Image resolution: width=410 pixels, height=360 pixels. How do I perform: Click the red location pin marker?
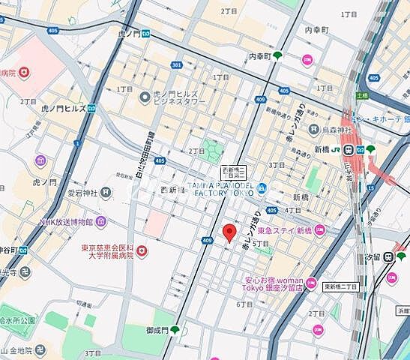229,232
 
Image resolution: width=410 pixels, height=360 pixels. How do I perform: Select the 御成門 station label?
157,329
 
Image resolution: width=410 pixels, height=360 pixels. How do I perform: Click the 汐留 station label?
371,257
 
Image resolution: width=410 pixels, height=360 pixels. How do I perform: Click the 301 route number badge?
176,65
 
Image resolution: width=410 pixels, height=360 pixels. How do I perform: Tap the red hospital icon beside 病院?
25,73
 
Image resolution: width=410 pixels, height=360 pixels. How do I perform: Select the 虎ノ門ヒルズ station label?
45,107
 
